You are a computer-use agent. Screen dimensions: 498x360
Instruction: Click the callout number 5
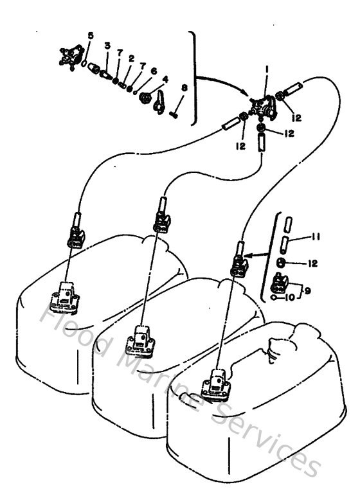click(91, 35)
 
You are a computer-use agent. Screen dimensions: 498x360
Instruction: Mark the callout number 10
click(291, 298)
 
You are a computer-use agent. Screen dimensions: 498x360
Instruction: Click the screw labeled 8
click(175, 116)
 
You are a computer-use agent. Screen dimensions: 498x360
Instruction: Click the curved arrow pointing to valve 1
click(222, 84)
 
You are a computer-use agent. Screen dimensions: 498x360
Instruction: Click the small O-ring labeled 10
click(275, 298)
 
